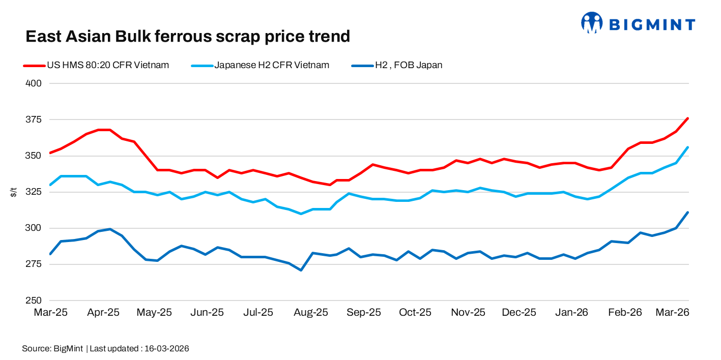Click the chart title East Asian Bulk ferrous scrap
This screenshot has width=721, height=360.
point(188,37)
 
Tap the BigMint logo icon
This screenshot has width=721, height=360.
point(591,23)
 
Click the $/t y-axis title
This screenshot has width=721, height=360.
point(14,192)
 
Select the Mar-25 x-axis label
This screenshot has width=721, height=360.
point(50,313)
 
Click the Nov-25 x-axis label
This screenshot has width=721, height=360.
point(468,313)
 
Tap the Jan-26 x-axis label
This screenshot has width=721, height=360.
point(572,313)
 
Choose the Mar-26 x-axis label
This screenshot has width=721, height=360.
point(672,313)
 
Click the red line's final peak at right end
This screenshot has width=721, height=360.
point(688,118)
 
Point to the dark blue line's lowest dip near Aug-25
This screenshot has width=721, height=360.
point(301,270)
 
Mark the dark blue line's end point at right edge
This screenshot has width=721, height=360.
point(688,213)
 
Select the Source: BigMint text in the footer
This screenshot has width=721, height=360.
point(52,349)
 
